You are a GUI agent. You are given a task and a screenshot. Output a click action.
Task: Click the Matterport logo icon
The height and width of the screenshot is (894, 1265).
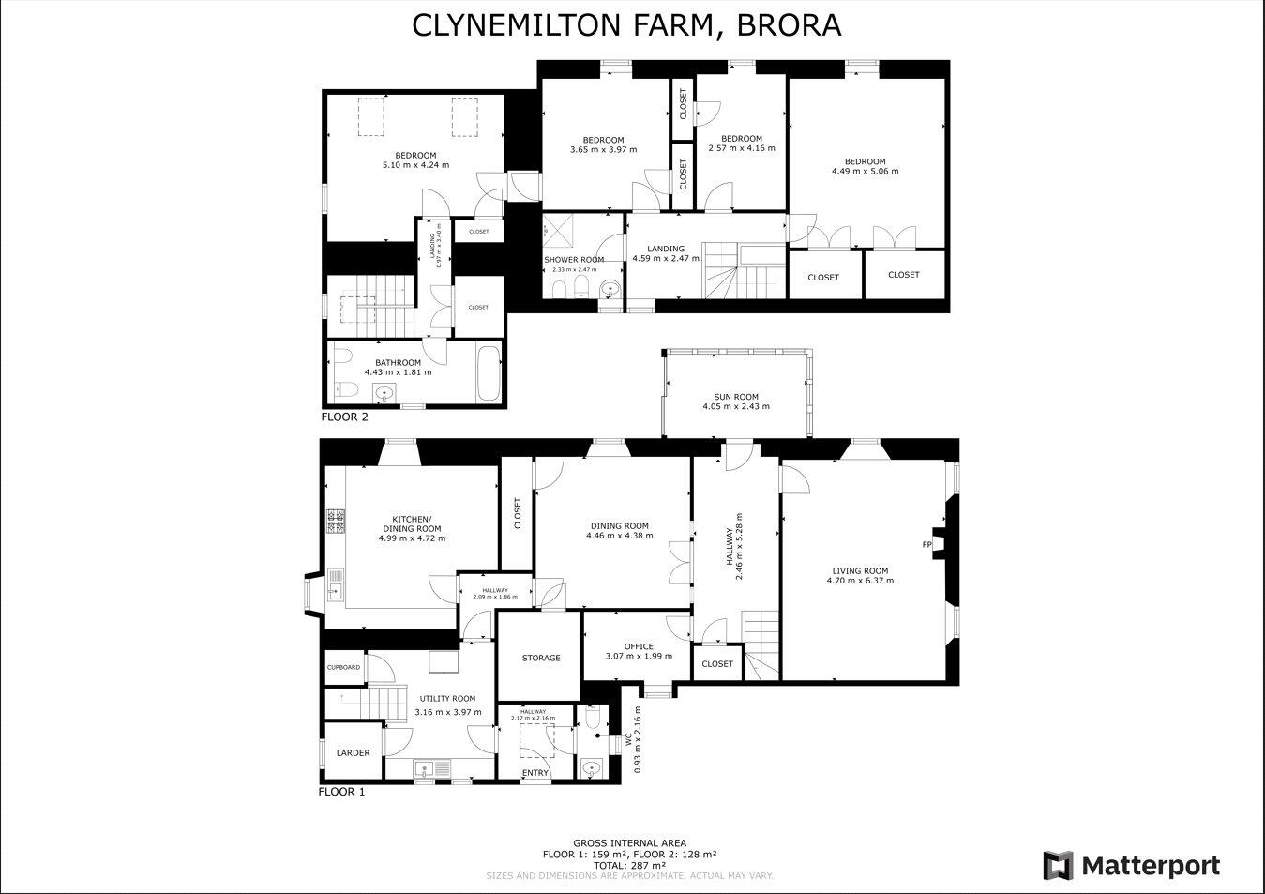pyautogui.click(x=1058, y=865)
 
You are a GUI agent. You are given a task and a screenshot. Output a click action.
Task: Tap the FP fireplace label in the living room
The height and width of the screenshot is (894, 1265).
pyautogui.click(x=926, y=544)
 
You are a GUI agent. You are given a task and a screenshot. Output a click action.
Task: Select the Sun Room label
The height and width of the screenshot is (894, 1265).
pyautogui.click(x=736, y=397)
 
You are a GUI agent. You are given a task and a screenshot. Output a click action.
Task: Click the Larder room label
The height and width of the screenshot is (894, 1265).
pyautogui.click(x=353, y=752)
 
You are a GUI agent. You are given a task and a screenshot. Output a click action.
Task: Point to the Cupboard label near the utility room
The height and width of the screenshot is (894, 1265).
pyautogui.click(x=343, y=667)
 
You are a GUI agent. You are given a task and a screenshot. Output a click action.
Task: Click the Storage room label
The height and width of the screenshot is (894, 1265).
pyautogui.click(x=541, y=658)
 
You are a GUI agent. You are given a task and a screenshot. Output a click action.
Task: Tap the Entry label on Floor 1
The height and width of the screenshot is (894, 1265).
pyautogui.click(x=535, y=773)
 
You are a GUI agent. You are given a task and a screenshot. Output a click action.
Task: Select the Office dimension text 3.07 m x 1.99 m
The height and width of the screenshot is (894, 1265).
pyautogui.click(x=639, y=656)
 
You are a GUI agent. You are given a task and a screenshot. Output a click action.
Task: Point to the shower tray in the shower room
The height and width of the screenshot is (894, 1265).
pyautogui.click(x=561, y=229)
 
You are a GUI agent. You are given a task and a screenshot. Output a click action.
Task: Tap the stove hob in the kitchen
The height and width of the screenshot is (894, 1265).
pyautogui.click(x=336, y=522)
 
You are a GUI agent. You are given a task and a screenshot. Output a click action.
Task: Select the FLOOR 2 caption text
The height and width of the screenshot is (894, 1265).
pyautogui.click(x=345, y=417)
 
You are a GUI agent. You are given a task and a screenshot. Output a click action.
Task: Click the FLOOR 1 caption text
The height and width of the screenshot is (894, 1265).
pyautogui.click(x=341, y=791)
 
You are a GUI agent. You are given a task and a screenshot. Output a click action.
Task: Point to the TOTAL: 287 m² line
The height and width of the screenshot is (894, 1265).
pyautogui.click(x=629, y=865)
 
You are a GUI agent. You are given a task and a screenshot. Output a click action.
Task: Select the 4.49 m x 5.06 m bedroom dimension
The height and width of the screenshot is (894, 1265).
pyautogui.click(x=865, y=171)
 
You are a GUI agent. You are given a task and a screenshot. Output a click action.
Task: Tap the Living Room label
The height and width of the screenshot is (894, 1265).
pyautogui.click(x=860, y=570)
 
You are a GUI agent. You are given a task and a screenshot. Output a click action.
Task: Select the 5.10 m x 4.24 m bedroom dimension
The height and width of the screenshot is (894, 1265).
pyautogui.click(x=415, y=165)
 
